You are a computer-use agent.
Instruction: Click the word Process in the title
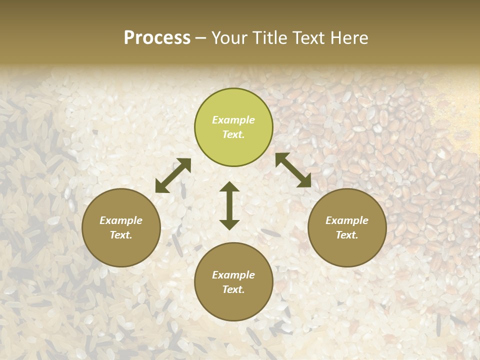click(x=157, y=38)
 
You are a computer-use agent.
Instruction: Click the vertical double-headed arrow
click(x=229, y=205)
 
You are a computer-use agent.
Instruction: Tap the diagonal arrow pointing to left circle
click(x=173, y=175)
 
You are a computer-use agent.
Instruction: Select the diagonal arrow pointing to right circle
click(x=293, y=170)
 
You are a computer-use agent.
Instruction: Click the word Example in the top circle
click(x=233, y=120)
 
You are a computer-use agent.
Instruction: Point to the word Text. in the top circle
click(x=233, y=134)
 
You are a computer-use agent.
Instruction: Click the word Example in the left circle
click(x=121, y=220)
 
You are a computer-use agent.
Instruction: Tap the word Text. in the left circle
click(x=121, y=235)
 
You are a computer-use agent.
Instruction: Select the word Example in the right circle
click(x=347, y=220)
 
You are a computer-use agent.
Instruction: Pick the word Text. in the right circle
click(x=347, y=235)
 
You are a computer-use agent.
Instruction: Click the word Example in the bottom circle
click(x=233, y=275)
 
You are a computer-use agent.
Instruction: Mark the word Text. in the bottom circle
click(x=233, y=289)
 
